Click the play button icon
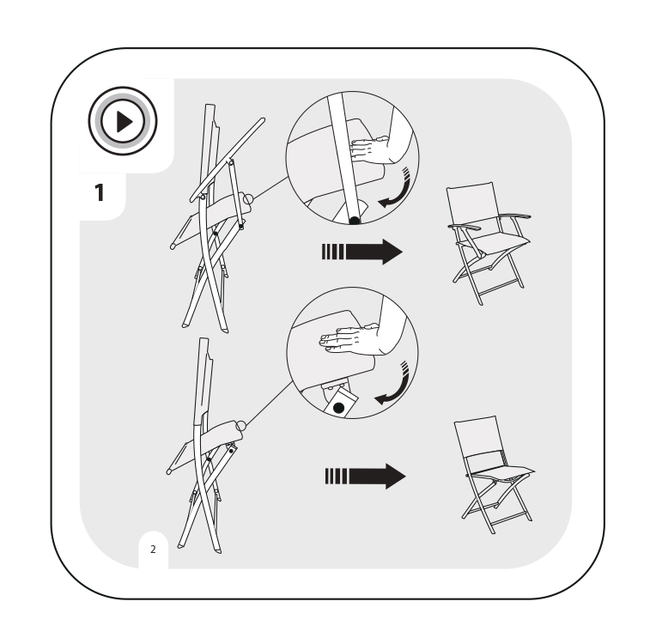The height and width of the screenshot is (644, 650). click(x=123, y=121)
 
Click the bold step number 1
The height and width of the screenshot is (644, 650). click(x=99, y=192)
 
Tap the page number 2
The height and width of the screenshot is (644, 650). click(x=153, y=549)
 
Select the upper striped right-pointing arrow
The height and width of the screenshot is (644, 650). click(x=361, y=252)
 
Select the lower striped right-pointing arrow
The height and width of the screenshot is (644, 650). click(x=365, y=477)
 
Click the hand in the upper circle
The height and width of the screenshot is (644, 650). click(x=371, y=149)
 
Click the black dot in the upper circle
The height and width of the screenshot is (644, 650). click(x=354, y=221)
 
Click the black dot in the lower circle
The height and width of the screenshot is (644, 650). click(x=338, y=408)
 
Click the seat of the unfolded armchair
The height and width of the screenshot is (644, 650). click(x=495, y=240)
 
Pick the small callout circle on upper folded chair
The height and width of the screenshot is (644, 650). click(x=248, y=199)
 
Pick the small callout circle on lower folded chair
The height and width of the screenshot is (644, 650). click(x=240, y=425)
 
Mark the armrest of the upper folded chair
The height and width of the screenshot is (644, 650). click(x=228, y=160)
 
